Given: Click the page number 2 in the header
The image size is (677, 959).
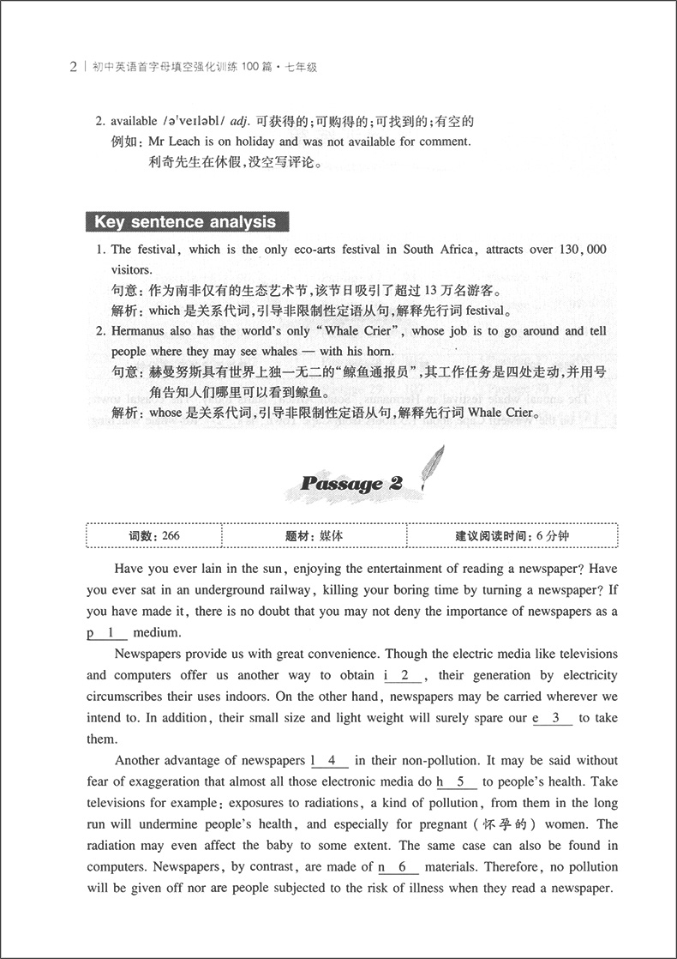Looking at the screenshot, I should pos(74,67).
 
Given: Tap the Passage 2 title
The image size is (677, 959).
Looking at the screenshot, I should pos(351,483).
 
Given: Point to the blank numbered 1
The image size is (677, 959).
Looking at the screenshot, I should pos(109,633).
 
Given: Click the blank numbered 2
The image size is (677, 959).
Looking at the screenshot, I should pos(401,676).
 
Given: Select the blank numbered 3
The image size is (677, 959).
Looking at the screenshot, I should pos(553,719).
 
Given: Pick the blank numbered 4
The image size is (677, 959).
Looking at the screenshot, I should pos(329,760).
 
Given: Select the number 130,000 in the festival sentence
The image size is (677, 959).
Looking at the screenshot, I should pos(577,250).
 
